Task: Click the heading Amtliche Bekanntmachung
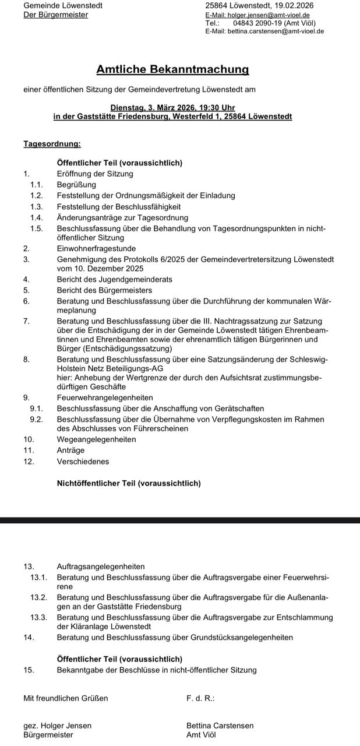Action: point(172,70)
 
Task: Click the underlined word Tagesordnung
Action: point(52,143)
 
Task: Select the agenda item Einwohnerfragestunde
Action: point(96,248)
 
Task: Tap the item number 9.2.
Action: point(36,419)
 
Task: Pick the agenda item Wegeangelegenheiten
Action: point(96,439)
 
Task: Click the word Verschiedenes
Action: point(83,462)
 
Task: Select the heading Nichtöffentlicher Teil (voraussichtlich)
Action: point(129,483)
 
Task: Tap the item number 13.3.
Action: point(38,617)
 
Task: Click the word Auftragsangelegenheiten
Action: point(101,566)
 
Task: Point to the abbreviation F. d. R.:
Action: point(200,698)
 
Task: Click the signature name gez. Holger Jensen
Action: point(57,726)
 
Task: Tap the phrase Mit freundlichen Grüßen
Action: point(65,698)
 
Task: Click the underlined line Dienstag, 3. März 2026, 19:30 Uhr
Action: point(172,108)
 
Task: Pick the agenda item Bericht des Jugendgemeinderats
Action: point(114,280)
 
